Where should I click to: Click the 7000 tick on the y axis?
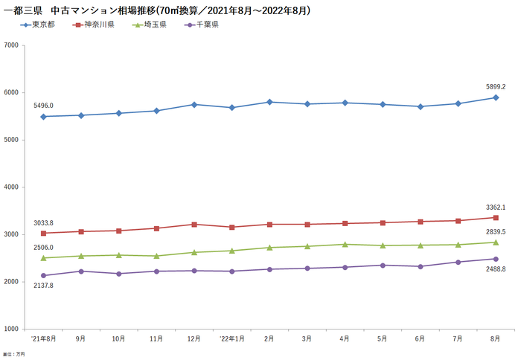(10, 45)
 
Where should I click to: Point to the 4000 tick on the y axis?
(10, 187)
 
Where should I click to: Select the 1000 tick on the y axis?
(10, 329)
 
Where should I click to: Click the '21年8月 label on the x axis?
(44, 338)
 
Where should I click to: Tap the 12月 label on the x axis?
(194, 338)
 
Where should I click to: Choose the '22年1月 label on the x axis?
(232, 338)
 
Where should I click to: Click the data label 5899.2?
(496, 86)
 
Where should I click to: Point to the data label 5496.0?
(44, 106)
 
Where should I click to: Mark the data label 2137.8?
(44, 286)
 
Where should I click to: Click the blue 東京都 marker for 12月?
(194, 105)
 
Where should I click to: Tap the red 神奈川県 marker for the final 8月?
(496, 218)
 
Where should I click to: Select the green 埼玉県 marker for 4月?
(345, 244)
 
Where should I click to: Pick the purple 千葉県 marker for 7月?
(458, 262)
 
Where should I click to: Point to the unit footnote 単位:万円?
(13, 354)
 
